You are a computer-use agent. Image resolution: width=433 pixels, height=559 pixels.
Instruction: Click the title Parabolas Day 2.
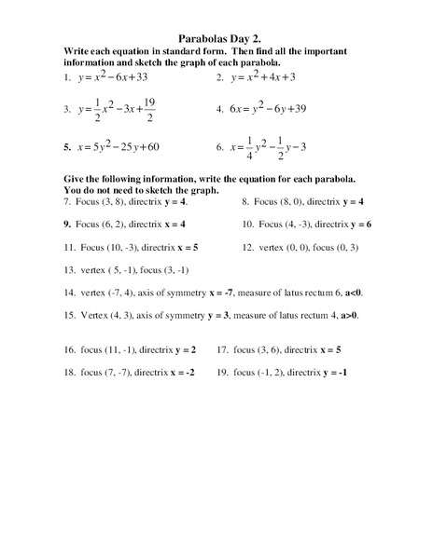(216, 39)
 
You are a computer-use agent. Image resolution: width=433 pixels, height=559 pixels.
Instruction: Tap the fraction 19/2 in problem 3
(149, 109)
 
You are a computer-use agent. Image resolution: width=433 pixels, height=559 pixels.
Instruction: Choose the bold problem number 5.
(66, 146)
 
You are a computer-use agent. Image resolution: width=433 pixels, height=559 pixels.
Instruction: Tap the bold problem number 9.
(67, 225)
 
